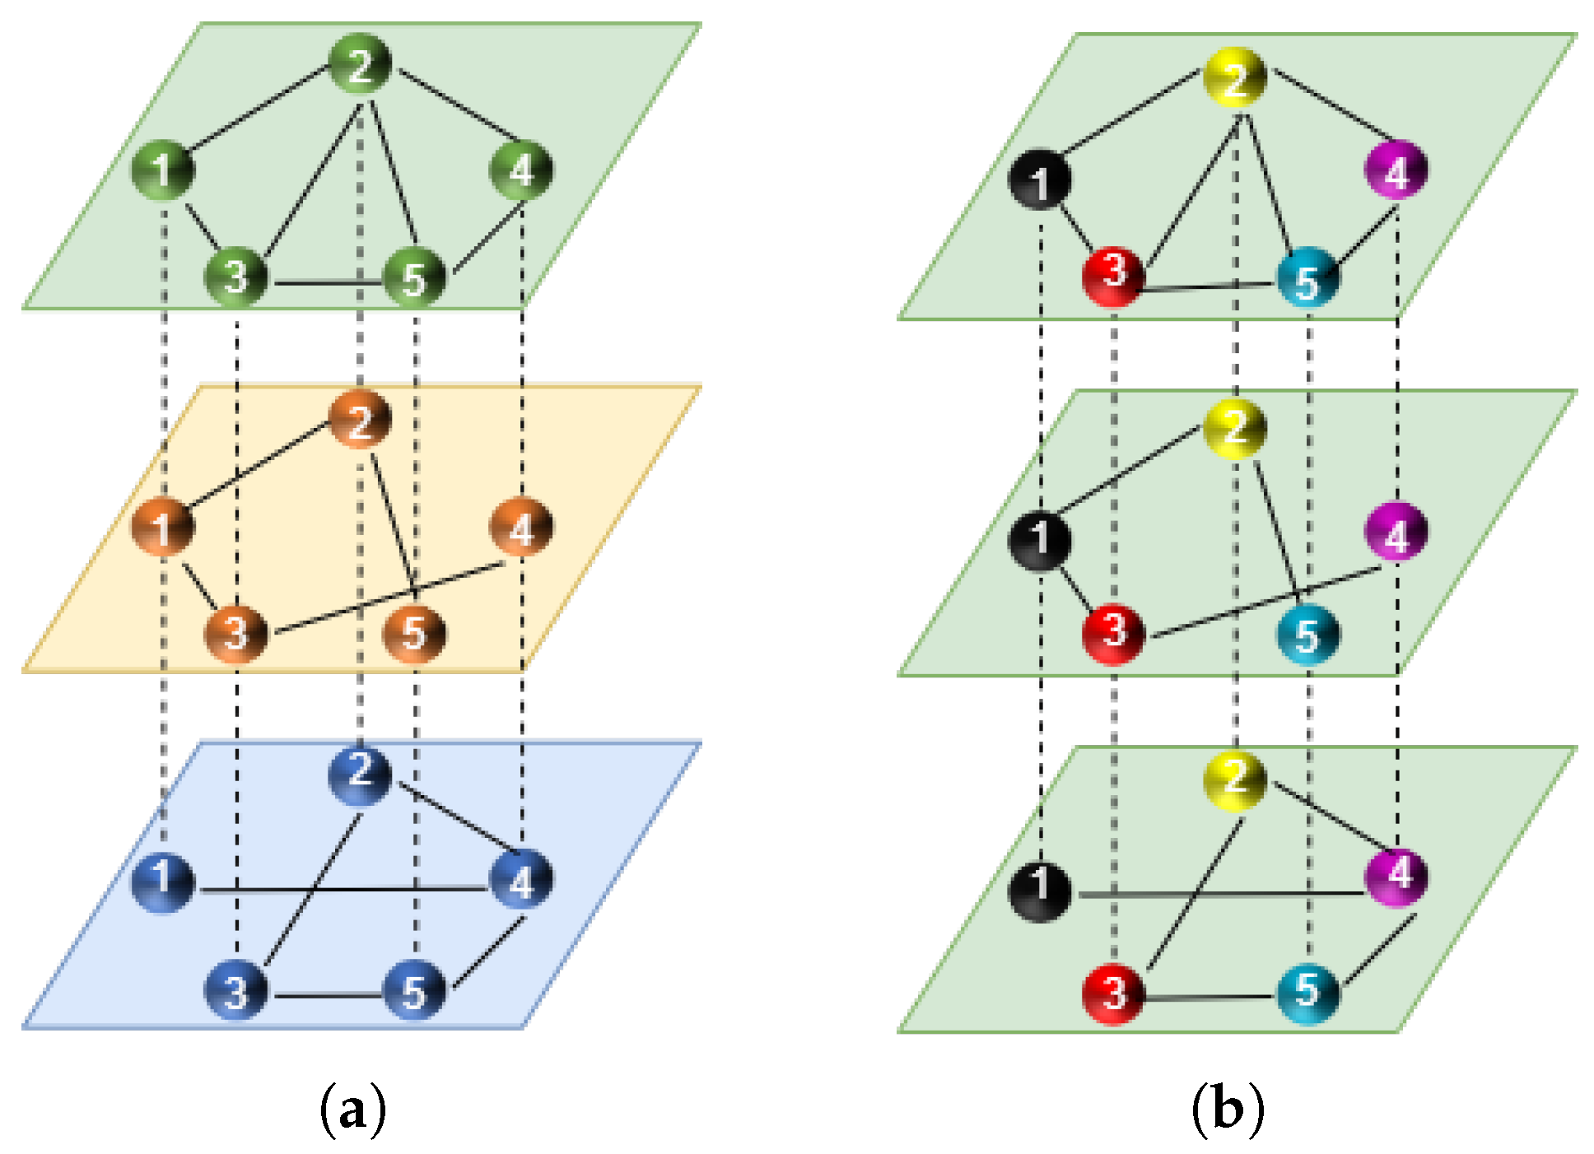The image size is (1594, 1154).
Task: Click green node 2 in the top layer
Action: pyautogui.click(x=360, y=64)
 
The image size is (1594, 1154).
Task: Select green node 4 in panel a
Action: pyautogui.click(x=521, y=170)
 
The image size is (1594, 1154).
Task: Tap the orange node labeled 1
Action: pyautogui.click(x=163, y=528)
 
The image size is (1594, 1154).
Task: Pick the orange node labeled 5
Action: pyautogui.click(x=414, y=634)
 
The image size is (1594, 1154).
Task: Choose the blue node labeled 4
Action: pyautogui.click(x=521, y=881)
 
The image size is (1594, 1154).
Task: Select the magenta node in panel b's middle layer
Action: pyautogui.click(x=1396, y=533)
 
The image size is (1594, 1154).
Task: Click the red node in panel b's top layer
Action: pyautogui.click(x=1113, y=275)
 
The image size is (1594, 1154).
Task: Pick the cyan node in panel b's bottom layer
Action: pyautogui.click(x=1307, y=993)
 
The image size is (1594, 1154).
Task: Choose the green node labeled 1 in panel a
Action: pyautogui.click(x=163, y=170)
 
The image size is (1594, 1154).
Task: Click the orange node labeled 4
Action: pyautogui.click(x=521, y=528)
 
